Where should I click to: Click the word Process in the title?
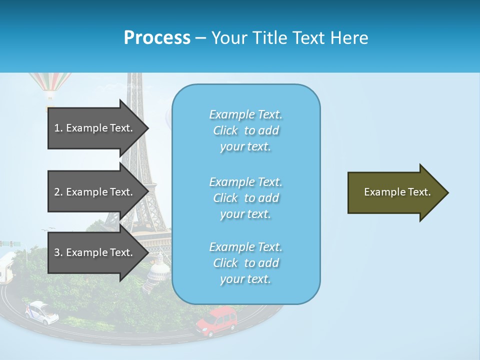point(157,38)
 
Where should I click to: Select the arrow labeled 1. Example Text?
point(95,128)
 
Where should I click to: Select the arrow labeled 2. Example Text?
point(95,192)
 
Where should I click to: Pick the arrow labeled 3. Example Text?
point(95,252)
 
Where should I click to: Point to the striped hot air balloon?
point(50,85)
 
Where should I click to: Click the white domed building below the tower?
point(158,270)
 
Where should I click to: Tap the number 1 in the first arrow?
point(57,128)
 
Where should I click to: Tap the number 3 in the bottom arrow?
point(57,252)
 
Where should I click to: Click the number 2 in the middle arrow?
point(57,192)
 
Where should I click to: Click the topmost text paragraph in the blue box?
point(246,130)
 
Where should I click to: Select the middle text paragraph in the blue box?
point(246,198)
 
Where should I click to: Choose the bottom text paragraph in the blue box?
point(246,263)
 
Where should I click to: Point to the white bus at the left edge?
point(7,268)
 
